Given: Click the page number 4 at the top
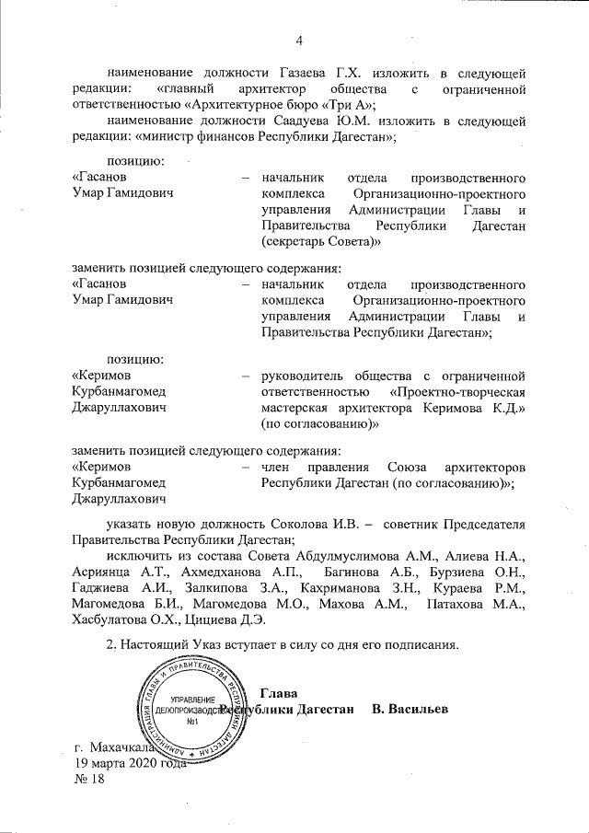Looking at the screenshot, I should point(300,39).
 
